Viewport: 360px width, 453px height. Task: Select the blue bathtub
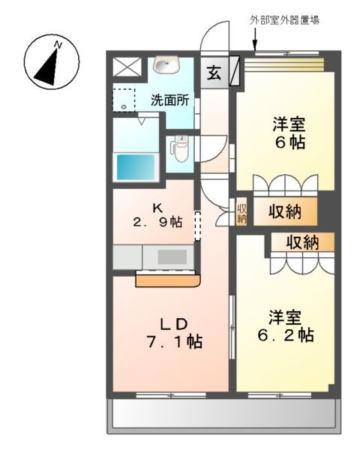click(135, 165)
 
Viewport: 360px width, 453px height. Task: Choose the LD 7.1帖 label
click(175, 332)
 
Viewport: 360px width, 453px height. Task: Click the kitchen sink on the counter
click(172, 256)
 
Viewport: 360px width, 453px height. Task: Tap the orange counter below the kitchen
click(168, 280)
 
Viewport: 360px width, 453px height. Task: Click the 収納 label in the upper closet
click(285, 212)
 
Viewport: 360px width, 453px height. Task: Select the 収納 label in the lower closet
click(301, 242)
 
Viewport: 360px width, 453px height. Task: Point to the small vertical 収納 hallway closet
click(241, 213)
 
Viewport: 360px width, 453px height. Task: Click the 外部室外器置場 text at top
click(284, 20)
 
